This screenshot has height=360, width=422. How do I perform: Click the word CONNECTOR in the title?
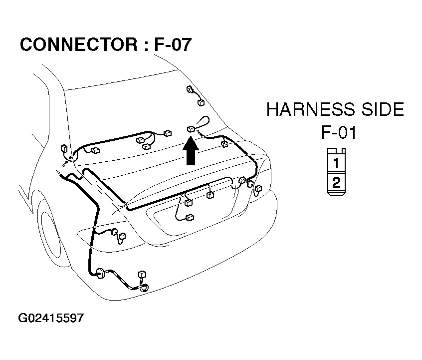tap(79, 44)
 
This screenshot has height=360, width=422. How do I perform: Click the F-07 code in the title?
tap(173, 44)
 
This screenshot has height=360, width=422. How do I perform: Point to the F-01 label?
tap(339, 132)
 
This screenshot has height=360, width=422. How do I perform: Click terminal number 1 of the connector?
tap(336, 163)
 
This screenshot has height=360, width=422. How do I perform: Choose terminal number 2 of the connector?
tap(336, 182)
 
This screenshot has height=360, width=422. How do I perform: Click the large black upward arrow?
tap(191, 151)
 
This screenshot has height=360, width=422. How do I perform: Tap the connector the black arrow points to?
tap(191, 129)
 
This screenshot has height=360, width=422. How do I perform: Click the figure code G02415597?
tap(51, 318)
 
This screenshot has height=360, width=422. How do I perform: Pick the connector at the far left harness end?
tap(64, 148)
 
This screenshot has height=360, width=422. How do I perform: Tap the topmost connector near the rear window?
tap(201, 102)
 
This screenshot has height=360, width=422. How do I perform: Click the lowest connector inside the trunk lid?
tap(190, 217)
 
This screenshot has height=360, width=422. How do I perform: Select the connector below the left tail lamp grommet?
tap(122, 236)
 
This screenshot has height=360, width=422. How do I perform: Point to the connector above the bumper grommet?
tap(142, 274)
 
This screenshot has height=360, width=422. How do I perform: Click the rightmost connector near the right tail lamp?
tap(258, 188)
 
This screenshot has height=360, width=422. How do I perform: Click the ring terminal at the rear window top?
tap(190, 89)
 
